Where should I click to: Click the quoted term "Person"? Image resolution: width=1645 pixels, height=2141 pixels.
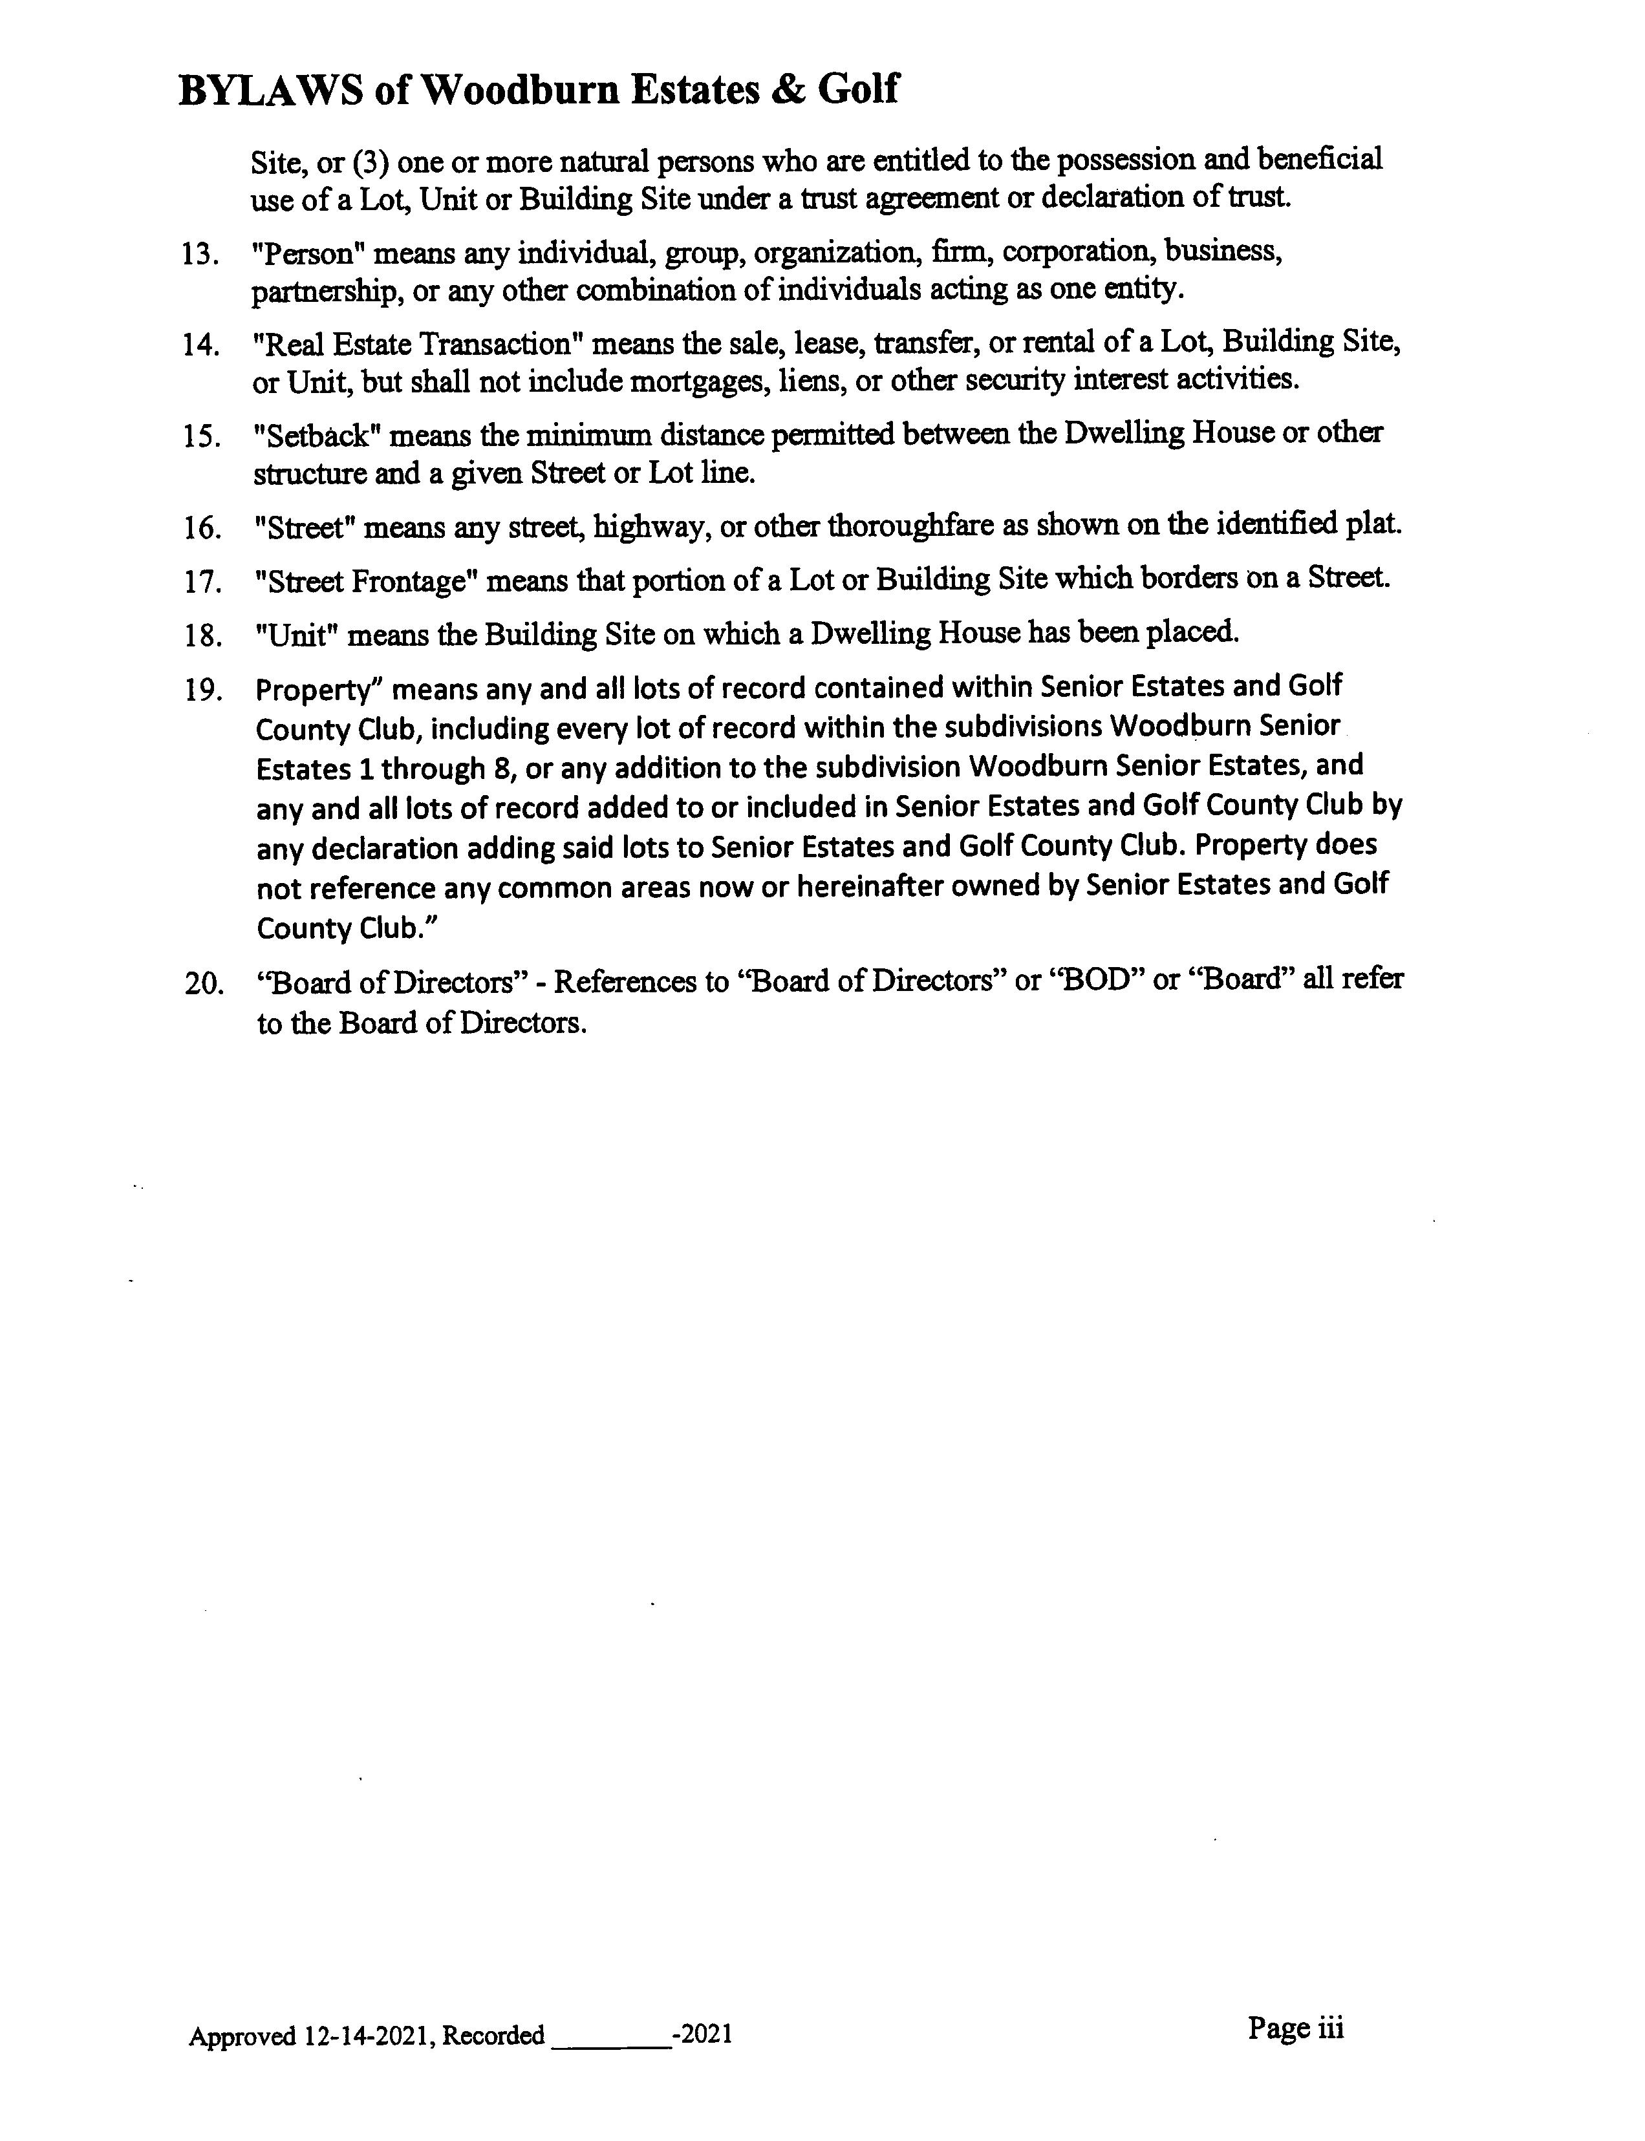tap(307, 253)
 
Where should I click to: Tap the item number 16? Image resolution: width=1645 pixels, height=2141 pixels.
tap(200, 529)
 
